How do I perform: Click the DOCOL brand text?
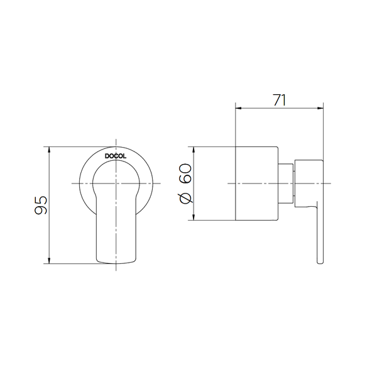116,156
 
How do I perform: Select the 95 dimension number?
41,205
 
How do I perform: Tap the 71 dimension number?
280,101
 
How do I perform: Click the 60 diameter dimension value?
185,173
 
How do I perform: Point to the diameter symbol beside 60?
186,198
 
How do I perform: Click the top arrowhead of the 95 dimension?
49,150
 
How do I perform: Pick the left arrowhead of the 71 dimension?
238,108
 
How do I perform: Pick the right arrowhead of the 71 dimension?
320,108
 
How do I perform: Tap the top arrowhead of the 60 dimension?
194,150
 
